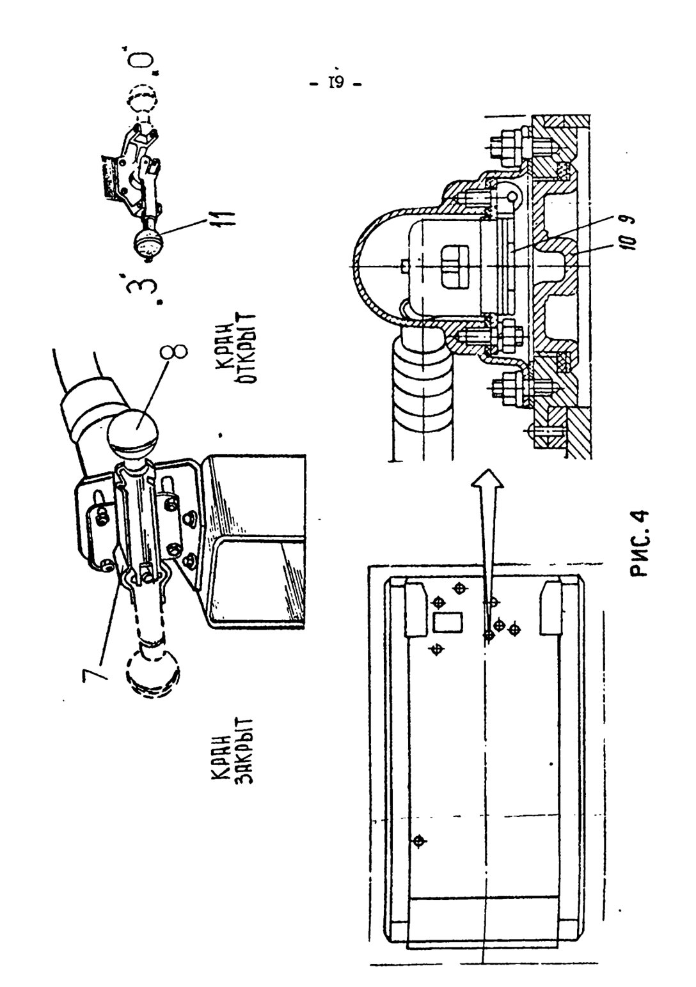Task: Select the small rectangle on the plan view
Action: pyautogui.click(x=447, y=621)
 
